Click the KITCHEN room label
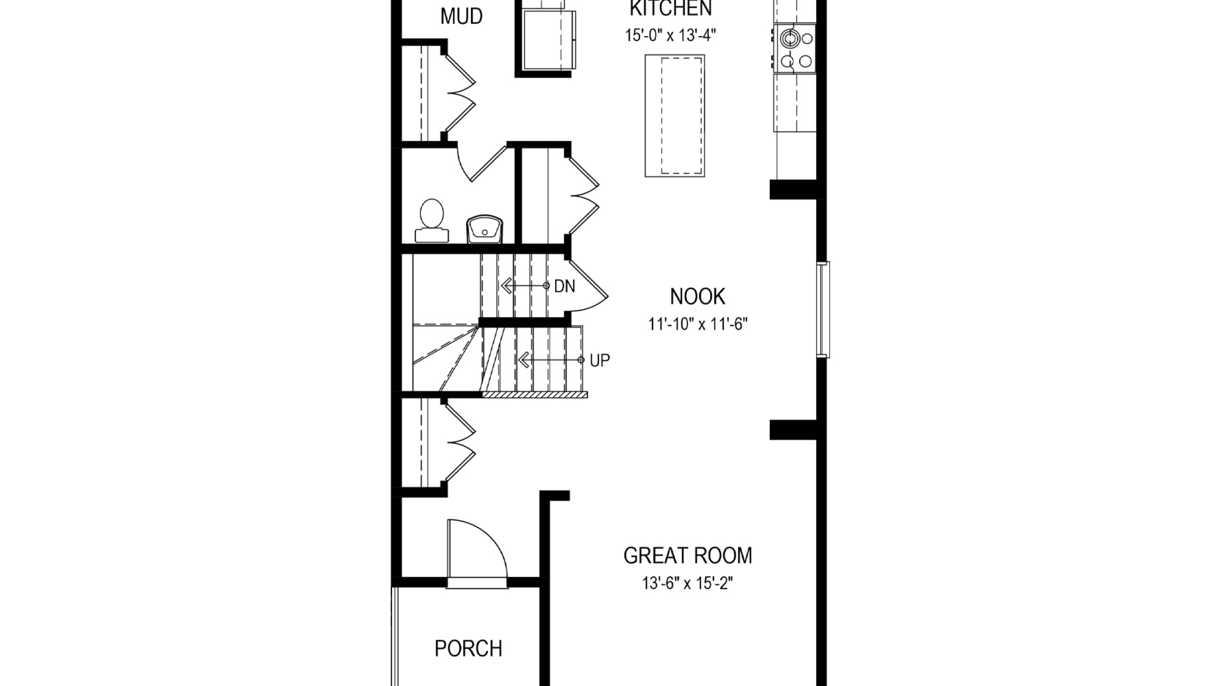[x=671, y=8]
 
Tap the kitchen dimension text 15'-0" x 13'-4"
[x=671, y=35]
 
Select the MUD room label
[x=461, y=16]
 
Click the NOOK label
[x=698, y=296]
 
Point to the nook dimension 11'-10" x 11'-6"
[x=698, y=324]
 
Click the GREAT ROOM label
[x=688, y=555]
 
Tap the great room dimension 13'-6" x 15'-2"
[x=687, y=583]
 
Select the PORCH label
[x=468, y=648]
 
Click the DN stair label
[x=565, y=286]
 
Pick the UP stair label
[x=600, y=361]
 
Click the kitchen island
[x=675, y=116]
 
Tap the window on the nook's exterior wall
[x=823, y=310]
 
